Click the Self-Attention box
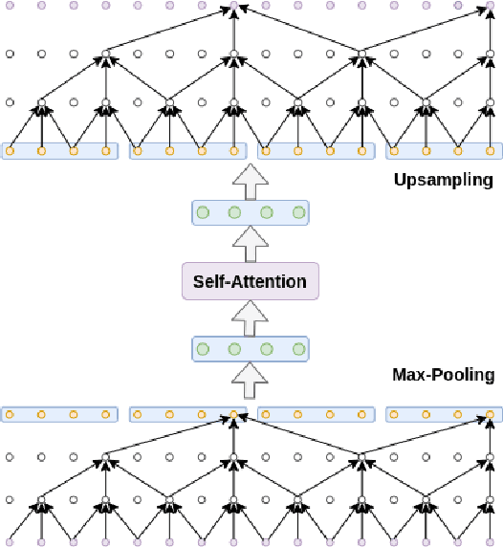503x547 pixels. click(x=250, y=281)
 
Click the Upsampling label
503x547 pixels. click(x=443, y=180)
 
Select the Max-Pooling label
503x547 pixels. click(x=443, y=375)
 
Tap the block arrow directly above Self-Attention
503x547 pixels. click(x=250, y=244)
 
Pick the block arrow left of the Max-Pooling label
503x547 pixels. click(x=250, y=382)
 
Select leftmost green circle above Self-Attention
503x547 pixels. click(x=202, y=212)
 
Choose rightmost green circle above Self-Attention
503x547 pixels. click(x=298, y=212)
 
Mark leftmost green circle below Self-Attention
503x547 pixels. click(x=202, y=349)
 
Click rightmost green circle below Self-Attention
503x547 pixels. click(x=298, y=349)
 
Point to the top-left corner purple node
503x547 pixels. click(x=10, y=7)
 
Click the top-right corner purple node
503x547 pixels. click(x=491, y=7)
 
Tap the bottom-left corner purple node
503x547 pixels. click(x=10, y=542)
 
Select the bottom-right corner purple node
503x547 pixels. click(x=491, y=542)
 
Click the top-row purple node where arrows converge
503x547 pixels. click(x=234, y=7)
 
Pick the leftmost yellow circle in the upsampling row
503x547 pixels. click(x=10, y=150)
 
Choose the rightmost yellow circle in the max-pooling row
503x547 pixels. click(x=491, y=415)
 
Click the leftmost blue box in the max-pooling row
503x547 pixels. click(x=59, y=415)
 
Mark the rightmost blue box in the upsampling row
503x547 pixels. click(x=443, y=151)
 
